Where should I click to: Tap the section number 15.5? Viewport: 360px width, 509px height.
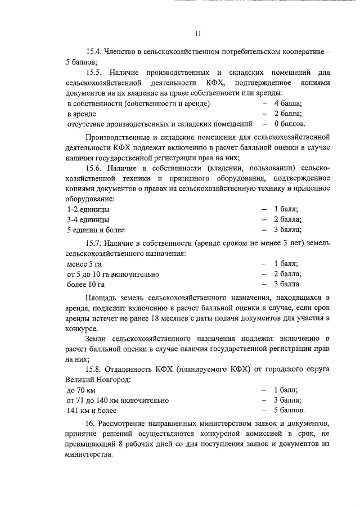click(x=94, y=73)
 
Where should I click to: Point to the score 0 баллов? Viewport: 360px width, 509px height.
click(x=290, y=124)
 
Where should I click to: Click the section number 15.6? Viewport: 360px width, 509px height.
click(x=94, y=168)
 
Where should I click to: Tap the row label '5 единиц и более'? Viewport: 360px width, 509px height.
click(x=96, y=229)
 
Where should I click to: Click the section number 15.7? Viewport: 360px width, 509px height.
click(x=94, y=243)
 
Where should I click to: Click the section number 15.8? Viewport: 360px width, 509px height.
click(x=94, y=369)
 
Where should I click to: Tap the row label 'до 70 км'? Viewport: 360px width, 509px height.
click(x=82, y=390)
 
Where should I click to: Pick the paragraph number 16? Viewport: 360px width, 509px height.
click(x=90, y=424)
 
